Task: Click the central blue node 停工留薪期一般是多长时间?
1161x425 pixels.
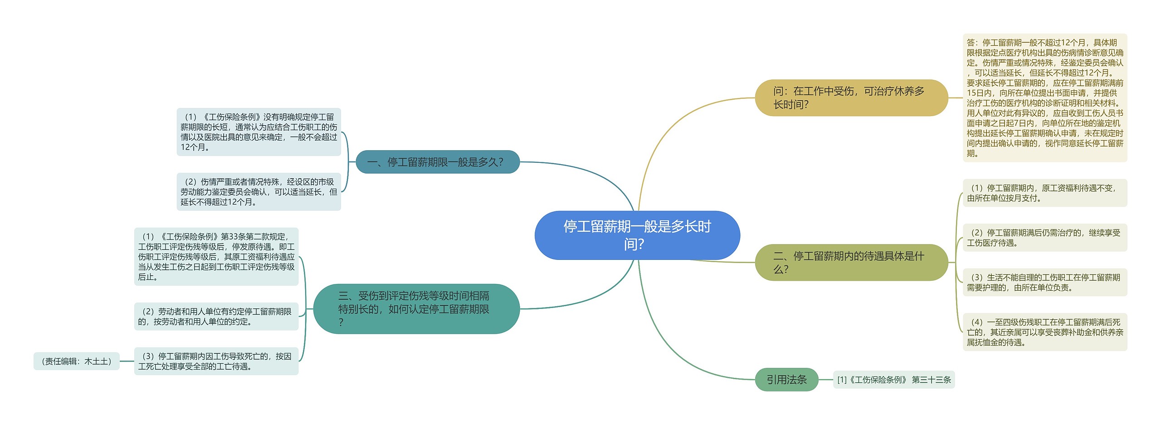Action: pos(637,235)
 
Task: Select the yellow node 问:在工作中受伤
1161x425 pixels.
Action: pos(851,98)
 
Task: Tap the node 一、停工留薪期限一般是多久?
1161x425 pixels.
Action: pos(437,162)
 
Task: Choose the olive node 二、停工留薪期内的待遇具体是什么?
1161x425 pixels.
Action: pos(851,262)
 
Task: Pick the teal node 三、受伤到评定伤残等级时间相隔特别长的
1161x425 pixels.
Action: pos(416,309)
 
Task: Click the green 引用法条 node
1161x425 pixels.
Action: pos(786,379)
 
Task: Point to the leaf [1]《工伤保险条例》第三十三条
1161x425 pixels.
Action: pos(893,380)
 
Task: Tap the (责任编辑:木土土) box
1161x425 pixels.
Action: pos(76,361)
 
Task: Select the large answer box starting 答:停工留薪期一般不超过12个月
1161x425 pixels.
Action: pos(1044,98)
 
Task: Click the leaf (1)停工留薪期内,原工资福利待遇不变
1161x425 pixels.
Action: pos(1044,193)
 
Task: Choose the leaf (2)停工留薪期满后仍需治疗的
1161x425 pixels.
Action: pos(1044,238)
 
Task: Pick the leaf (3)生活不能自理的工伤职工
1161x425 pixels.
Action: pos(1044,282)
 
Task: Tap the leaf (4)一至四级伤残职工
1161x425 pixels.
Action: pos(1044,332)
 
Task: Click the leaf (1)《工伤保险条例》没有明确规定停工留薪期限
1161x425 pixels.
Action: pos(259,132)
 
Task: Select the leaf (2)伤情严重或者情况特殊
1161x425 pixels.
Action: pos(259,191)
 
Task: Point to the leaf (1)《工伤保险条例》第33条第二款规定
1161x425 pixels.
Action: pos(216,256)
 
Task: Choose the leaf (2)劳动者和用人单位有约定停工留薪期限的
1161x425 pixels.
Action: pos(216,316)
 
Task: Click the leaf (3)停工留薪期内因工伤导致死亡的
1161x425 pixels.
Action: pos(216,361)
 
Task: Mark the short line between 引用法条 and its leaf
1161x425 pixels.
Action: pos(826,379)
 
